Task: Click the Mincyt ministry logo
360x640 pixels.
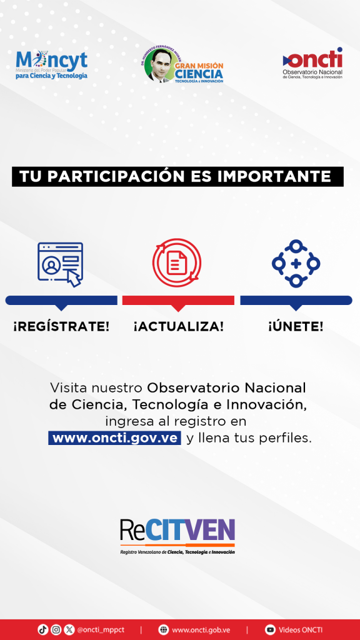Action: [51, 66]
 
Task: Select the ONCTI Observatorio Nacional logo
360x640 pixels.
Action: [312, 64]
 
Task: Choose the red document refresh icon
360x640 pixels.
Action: [177, 263]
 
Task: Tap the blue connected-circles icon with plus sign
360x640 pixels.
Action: [296, 263]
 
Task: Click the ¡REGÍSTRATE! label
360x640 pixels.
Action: [61, 326]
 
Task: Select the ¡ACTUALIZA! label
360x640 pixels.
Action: [178, 326]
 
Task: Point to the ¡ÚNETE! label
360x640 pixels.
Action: [296, 326]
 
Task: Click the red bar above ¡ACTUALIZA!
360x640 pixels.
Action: [178, 301]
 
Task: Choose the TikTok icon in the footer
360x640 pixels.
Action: [43, 629]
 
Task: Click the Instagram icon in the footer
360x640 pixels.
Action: [56, 629]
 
